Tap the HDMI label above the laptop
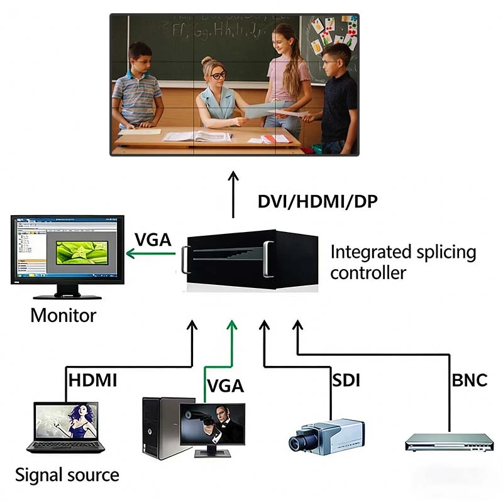coord(92,380)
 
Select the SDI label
coord(346,380)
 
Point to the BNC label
coord(469,380)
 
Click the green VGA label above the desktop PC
coord(225,385)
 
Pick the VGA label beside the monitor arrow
coord(153,240)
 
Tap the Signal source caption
coord(67,474)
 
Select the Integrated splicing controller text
coord(402,262)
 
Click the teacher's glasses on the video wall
coord(218,75)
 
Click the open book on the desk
coord(197,136)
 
